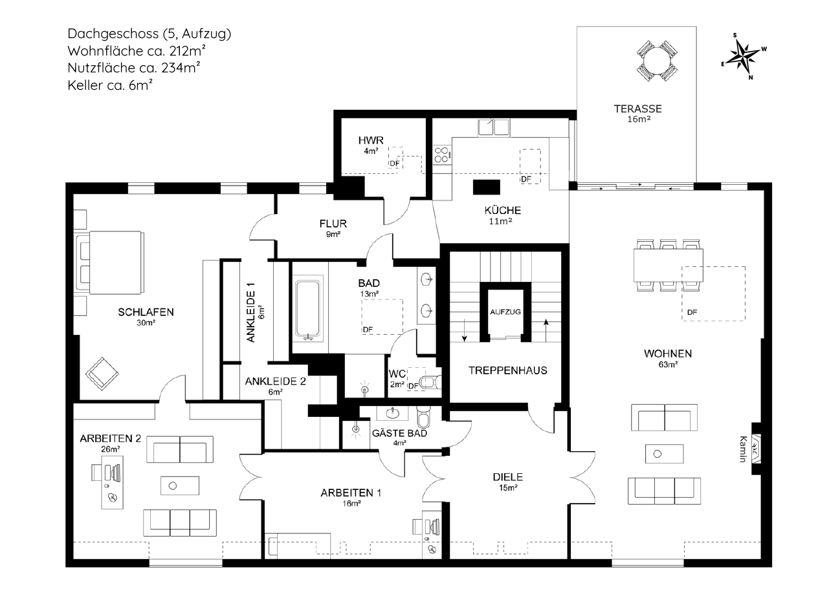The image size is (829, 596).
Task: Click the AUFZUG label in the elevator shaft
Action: (505, 312)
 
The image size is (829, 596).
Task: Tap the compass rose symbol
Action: (743, 56)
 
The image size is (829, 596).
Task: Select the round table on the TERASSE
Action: (657, 61)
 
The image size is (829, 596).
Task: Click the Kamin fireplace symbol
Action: (755, 449)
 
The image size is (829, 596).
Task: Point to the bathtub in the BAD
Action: (307, 310)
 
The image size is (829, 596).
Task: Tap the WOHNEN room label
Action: (668, 354)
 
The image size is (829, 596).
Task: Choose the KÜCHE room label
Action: (503, 210)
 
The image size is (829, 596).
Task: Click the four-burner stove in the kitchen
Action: (442, 155)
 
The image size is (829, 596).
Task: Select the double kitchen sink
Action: (494, 127)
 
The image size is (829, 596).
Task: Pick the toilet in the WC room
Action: (431, 381)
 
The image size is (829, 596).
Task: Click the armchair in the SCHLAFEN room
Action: (102, 374)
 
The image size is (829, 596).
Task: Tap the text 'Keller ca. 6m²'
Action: (110, 85)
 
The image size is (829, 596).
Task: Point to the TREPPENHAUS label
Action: (508, 370)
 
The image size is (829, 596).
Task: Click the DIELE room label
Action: (508, 477)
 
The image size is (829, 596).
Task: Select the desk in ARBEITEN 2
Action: (112, 482)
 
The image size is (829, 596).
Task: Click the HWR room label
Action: (371, 140)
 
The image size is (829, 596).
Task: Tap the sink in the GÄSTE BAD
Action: (392, 412)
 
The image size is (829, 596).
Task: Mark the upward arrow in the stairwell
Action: (546, 330)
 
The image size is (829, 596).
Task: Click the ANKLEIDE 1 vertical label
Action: (250, 312)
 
